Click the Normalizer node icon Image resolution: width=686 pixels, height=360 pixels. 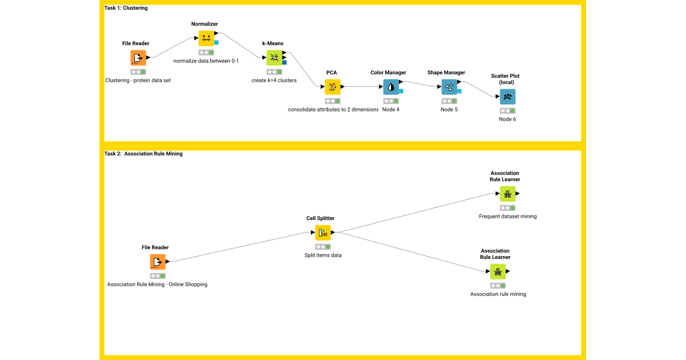206,39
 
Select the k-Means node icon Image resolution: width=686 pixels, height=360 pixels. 274,58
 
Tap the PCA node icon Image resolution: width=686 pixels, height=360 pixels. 332,87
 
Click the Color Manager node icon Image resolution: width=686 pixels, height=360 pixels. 391,87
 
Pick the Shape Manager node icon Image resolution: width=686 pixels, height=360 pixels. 449,87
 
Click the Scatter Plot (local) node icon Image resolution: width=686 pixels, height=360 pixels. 507,97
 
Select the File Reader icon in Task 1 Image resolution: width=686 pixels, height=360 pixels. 138,58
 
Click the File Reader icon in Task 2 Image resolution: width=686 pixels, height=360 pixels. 157,262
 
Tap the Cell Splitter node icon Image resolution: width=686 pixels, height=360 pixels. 323,233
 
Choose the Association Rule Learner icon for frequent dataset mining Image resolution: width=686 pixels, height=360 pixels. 507,194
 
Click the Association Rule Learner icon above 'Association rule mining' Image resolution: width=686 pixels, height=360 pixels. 497,271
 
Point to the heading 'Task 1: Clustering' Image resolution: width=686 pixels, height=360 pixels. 126,8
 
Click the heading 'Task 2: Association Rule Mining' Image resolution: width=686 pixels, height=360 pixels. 143,154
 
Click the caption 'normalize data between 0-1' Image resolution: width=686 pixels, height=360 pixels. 206,61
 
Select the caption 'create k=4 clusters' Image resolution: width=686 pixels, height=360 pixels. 274,81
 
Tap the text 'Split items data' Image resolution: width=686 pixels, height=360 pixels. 323,255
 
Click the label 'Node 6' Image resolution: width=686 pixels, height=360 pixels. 507,119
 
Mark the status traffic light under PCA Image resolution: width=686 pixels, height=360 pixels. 332,101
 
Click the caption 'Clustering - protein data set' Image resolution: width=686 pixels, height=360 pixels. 138,81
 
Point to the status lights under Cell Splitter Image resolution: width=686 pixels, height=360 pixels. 323,246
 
